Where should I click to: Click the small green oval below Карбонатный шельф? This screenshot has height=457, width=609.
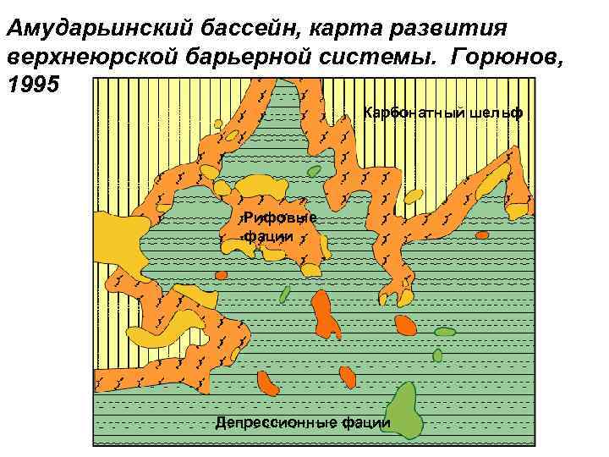[314, 171]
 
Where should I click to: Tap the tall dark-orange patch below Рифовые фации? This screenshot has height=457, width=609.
[324, 315]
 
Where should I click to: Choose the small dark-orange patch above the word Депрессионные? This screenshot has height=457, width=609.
[267, 383]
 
